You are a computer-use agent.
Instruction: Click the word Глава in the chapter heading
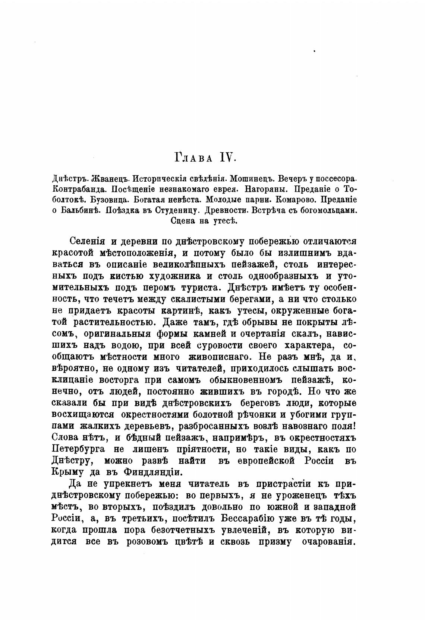pyautogui.click(x=193, y=158)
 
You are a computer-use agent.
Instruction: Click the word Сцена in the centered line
pyautogui.click(x=184, y=220)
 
